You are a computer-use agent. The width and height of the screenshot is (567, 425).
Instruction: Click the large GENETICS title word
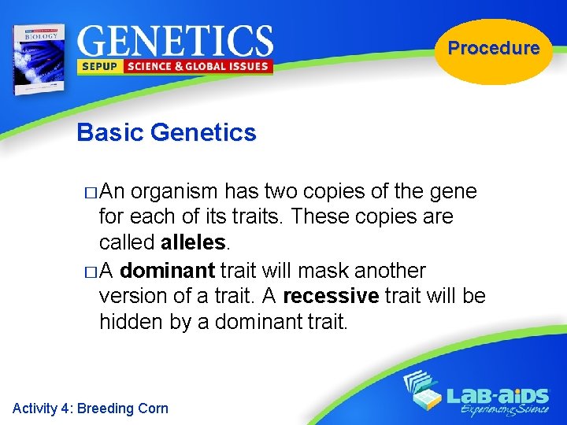tap(175, 40)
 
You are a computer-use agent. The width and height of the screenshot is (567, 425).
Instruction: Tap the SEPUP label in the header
tap(98, 67)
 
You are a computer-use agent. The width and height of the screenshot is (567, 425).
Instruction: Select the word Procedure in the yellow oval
tap(494, 48)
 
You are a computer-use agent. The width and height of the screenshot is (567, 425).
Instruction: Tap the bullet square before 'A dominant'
tap(88, 272)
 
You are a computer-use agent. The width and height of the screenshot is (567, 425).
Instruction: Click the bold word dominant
tap(168, 271)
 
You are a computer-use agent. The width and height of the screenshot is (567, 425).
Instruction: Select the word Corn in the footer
tap(153, 408)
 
